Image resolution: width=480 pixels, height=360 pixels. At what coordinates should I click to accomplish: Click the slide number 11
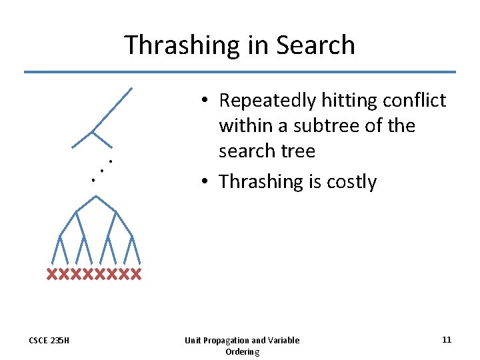[446, 340]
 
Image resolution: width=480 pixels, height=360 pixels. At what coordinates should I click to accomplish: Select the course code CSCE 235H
[50, 341]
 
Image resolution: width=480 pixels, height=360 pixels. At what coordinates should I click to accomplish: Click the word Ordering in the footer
[242, 351]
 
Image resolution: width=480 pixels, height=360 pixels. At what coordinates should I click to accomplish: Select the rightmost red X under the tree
[136, 274]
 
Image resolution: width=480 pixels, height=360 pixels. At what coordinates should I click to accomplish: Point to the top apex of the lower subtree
[96, 196]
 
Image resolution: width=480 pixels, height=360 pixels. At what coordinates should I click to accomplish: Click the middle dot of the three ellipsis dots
[101, 171]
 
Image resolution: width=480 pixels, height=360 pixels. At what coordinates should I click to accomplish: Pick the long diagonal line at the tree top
[112, 109]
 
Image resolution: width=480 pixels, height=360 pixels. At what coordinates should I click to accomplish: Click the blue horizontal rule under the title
[240, 72]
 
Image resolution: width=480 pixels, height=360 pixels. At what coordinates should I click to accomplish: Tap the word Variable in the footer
[283, 341]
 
